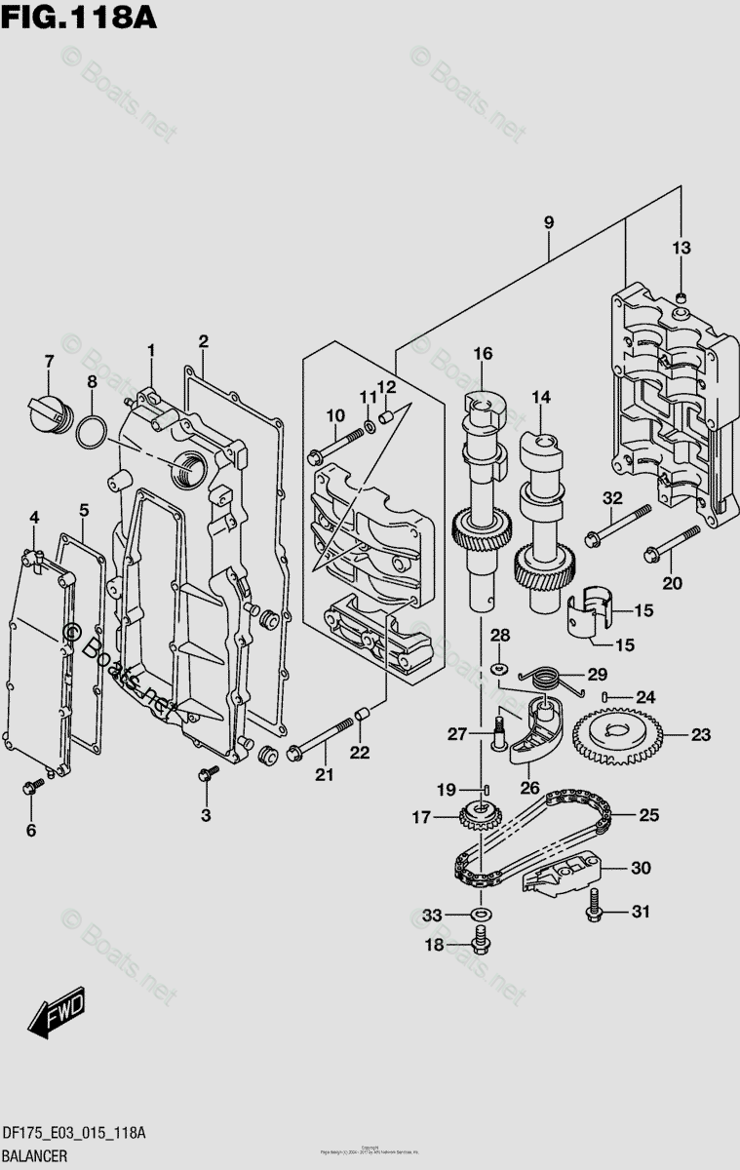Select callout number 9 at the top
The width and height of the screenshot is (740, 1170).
pyautogui.click(x=549, y=223)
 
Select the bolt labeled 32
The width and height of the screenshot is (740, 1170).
pyautogui.click(x=618, y=523)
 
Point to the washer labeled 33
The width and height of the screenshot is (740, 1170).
pyautogui.click(x=479, y=915)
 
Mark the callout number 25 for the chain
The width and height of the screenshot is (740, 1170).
pyautogui.click(x=649, y=814)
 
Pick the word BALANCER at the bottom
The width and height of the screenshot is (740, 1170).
pyautogui.click(x=34, y=1156)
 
